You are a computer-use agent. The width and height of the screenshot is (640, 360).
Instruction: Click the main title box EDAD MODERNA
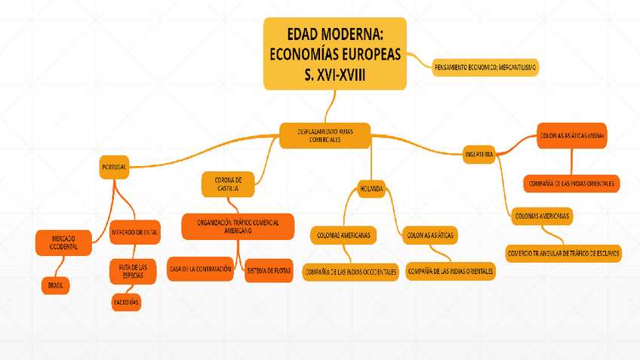334,53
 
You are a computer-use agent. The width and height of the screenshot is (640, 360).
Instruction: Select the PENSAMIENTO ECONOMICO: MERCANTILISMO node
486,68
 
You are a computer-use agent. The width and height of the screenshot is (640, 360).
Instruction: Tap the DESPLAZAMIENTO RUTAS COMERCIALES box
325,136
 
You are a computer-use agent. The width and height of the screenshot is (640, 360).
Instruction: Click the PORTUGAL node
114,166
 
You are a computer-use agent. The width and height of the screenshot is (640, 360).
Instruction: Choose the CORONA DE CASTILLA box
228,184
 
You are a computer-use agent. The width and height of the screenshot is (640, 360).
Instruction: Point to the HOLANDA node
371,189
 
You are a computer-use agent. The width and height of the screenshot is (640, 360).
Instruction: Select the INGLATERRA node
479,154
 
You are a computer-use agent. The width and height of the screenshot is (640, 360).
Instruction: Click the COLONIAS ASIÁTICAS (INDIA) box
572,136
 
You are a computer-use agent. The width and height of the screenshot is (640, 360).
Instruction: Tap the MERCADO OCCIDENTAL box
64,242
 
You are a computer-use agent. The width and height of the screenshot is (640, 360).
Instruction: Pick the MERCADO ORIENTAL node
135,232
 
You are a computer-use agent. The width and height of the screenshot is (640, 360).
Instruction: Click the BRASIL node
55,286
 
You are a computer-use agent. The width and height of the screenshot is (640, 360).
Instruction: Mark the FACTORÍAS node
125,302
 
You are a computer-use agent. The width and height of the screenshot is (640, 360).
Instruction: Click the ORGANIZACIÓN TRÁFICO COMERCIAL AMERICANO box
238,226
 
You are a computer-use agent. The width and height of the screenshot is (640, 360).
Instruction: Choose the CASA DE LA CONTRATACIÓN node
200,269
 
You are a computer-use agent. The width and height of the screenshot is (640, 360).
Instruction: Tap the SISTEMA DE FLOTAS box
269,270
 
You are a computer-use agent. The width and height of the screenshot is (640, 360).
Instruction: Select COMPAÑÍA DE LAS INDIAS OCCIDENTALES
350,272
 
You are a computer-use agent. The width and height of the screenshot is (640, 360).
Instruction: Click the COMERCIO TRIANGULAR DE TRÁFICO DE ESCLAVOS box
565,254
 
